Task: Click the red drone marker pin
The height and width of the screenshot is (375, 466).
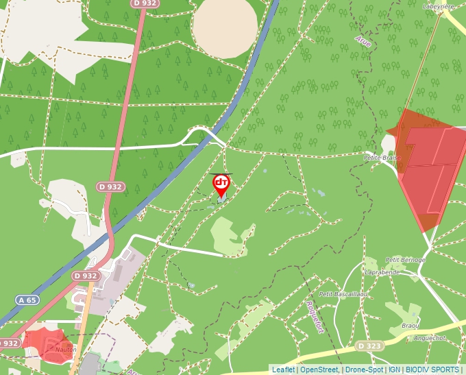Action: (221, 184)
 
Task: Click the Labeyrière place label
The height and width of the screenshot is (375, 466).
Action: (439, 6)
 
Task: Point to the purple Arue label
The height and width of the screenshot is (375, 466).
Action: (363, 41)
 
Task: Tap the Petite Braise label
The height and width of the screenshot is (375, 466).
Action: (381, 157)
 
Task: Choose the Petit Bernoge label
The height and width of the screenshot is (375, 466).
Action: (405, 260)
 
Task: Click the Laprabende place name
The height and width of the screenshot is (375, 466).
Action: (383, 272)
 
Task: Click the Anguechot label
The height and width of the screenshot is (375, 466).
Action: (429, 338)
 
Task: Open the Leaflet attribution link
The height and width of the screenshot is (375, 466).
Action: (283, 370)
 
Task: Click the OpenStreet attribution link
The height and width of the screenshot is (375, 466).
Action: (319, 370)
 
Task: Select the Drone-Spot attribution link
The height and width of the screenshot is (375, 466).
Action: (364, 370)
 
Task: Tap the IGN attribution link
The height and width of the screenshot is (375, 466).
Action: (394, 370)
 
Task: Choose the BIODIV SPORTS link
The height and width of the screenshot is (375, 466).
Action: (432, 370)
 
